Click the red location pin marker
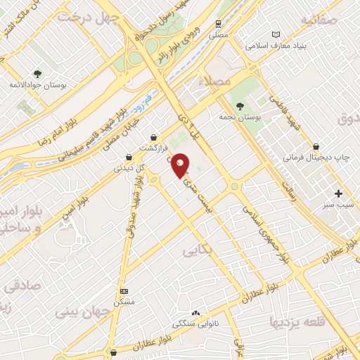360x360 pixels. tap(180, 165)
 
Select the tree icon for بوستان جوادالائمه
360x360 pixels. tap(37, 73)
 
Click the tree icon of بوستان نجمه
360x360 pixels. tap(241, 105)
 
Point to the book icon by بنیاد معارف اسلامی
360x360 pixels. tap(276, 34)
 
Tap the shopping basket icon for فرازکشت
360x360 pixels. tap(154, 136)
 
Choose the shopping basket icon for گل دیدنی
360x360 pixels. tap(127, 157)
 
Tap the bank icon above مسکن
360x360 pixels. tap(124, 290)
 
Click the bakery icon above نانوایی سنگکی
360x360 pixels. tap(195, 314)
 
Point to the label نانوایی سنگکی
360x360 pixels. tap(194, 324)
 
